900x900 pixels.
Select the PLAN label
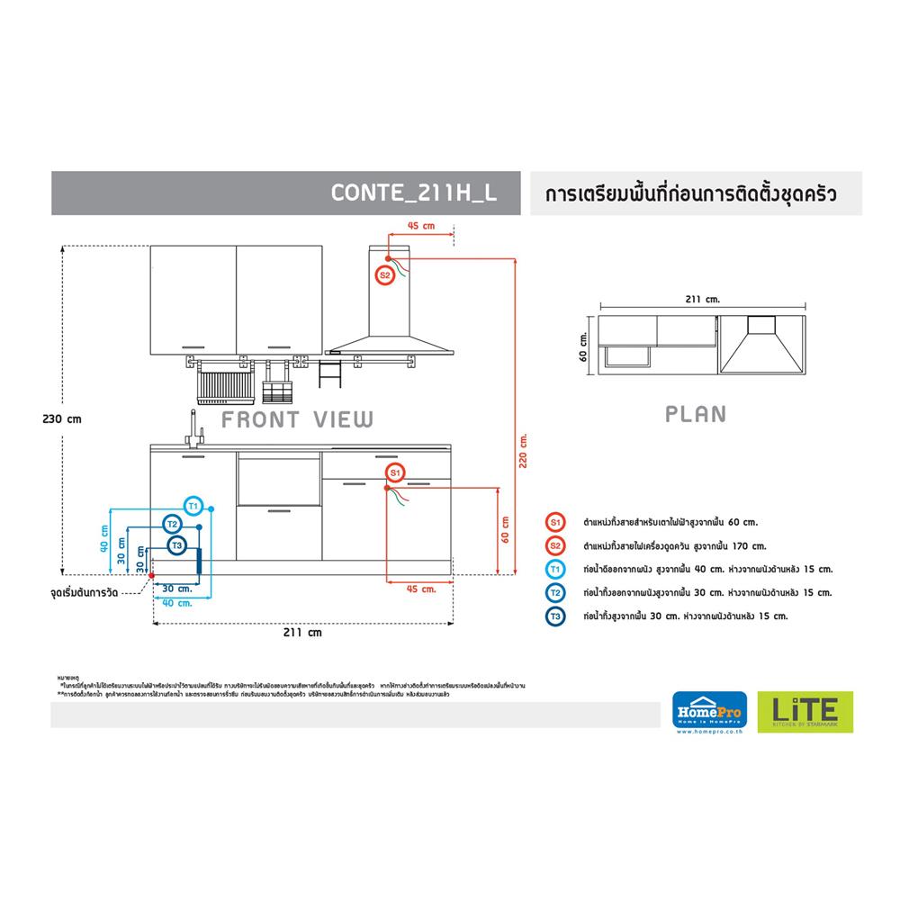(695, 414)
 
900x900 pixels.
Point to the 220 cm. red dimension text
(523, 446)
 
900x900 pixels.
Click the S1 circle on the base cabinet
(393, 472)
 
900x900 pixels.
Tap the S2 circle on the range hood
(384, 275)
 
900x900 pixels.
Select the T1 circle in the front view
(194, 505)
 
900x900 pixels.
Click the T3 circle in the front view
(176, 545)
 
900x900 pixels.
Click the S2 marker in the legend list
(554, 545)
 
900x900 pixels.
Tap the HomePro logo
(706, 708)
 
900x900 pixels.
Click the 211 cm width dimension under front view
(302, 633)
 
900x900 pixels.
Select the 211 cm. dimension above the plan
(703, 297)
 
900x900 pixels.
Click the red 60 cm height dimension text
(505, 530)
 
